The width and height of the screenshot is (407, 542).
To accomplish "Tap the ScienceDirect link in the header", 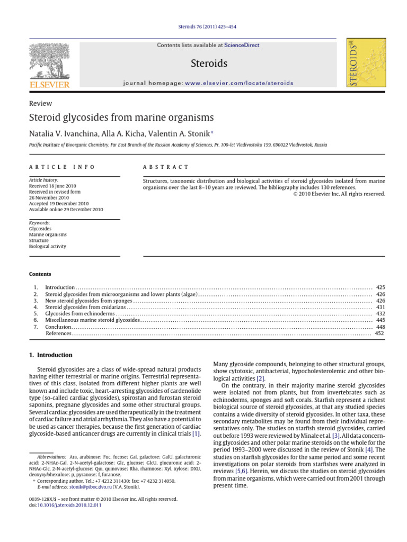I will point(242,46).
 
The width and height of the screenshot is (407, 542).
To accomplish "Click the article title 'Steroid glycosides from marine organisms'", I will point(121,118).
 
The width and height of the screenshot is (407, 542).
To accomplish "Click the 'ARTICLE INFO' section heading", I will point(61,167).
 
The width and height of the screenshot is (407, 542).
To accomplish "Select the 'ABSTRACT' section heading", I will point(166,167).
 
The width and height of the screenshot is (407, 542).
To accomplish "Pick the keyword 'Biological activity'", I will point(48,246).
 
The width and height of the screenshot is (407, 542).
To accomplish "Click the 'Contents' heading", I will point(40,274).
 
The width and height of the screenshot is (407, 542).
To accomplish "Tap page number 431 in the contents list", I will point(380,306).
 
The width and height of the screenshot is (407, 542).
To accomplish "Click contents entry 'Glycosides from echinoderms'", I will point(78,313).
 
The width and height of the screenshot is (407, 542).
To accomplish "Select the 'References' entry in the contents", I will point(58,333).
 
